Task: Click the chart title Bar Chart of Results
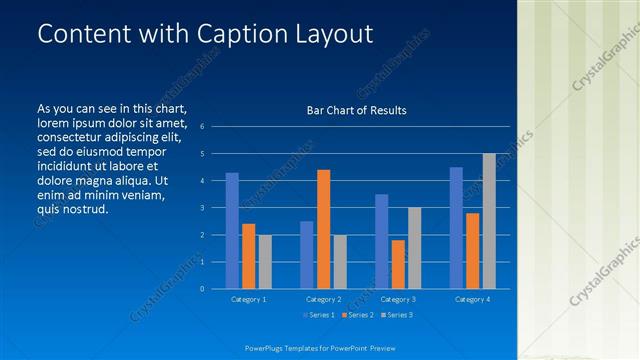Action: pyautogui.click(x=356, y=110)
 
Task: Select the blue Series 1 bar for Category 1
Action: pyautogui.click(x=232, y=231)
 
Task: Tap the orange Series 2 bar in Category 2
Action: pyautogui.click(x=323, y=229)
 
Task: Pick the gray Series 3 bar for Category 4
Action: pyautogui.click(x=489, y=221)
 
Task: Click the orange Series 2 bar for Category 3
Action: pyautogui.click(x=398, y=264)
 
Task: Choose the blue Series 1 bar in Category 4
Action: pyautogui.click(x=456, y=228)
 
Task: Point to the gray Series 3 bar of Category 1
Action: pyautogui.click(x=264, y=262)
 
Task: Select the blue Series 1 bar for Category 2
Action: pyautogui.click(x=306, y=255)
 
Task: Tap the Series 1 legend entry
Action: pyautogui.click(x=319, y=316)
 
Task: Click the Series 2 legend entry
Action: pyautogui.click(x=357, y=316)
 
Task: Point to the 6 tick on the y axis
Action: pyautogui.click(x=202, y=127)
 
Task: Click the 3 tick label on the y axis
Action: pyautogui.click(x=202, y=208)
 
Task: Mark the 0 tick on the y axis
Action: pyautogui.click(x=202, y=289)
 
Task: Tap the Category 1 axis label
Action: pyautogui.click(x=248, y=299)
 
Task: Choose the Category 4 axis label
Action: pyautogui.click(x=472, y=299)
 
